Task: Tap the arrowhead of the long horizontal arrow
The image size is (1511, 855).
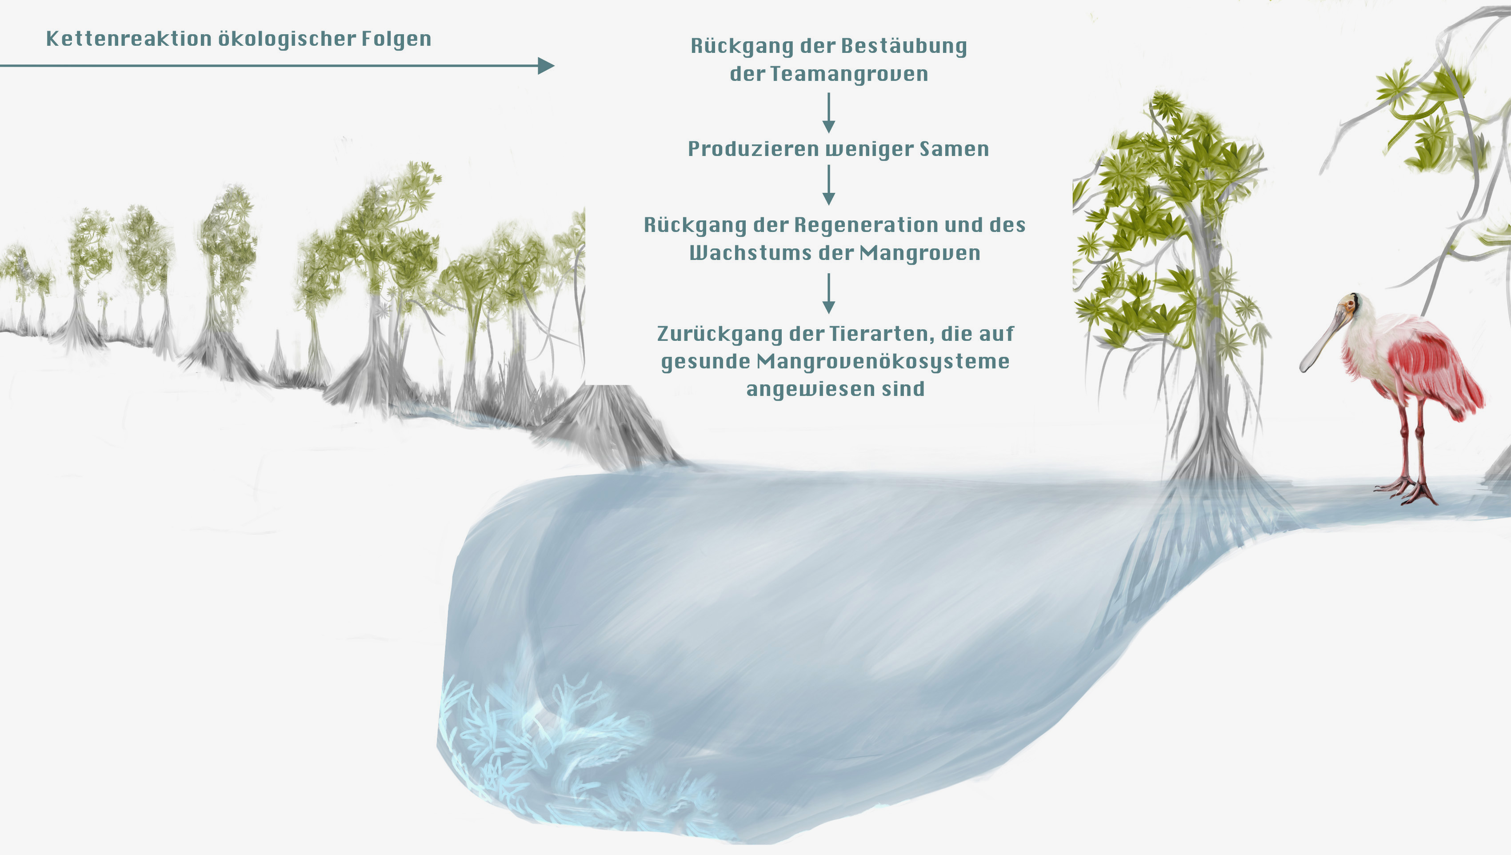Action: click(546, 66)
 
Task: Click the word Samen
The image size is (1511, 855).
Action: click(954, 149)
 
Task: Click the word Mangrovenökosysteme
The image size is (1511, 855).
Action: click(883, 362)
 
